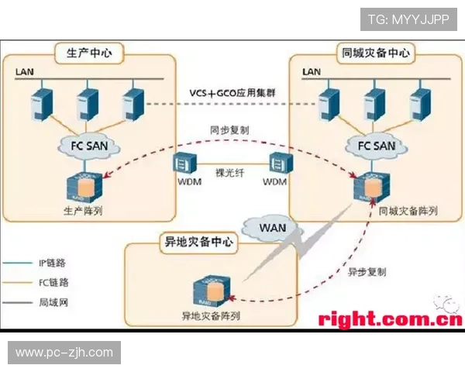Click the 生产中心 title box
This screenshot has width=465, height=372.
pos(90,53)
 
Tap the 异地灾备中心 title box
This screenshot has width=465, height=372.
pos(198,241)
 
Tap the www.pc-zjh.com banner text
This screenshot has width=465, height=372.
pos(64,353)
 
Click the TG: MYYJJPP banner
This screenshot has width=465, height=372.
pos(408,19)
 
